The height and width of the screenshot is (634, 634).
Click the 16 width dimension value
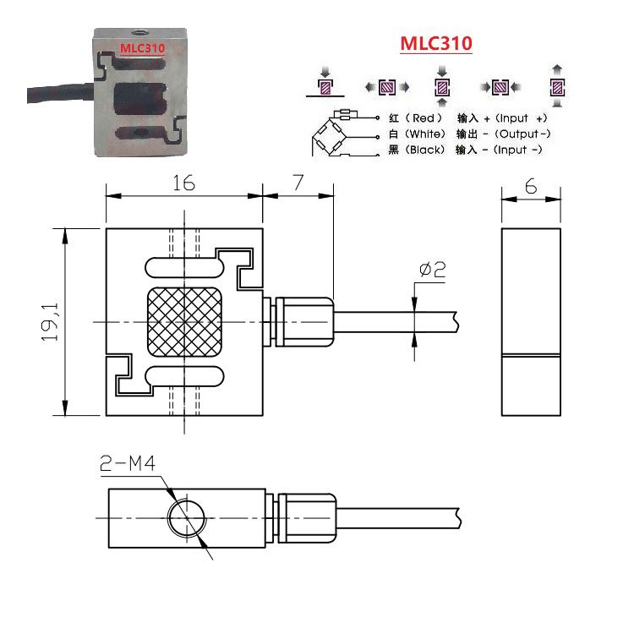[x=183, y=183]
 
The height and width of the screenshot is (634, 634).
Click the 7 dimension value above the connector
[x=297, y=183]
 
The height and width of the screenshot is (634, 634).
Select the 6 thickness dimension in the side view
[x=531, y=188]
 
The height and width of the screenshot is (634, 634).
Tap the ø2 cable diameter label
[x=432, y=271]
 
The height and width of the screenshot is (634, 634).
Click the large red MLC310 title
[x=436, y=44]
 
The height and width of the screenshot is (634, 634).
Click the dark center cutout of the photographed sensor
[x=139, y=96]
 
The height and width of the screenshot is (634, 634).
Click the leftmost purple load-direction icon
[x=325, y=86]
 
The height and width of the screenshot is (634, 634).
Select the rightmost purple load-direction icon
[x=557, y=86]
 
